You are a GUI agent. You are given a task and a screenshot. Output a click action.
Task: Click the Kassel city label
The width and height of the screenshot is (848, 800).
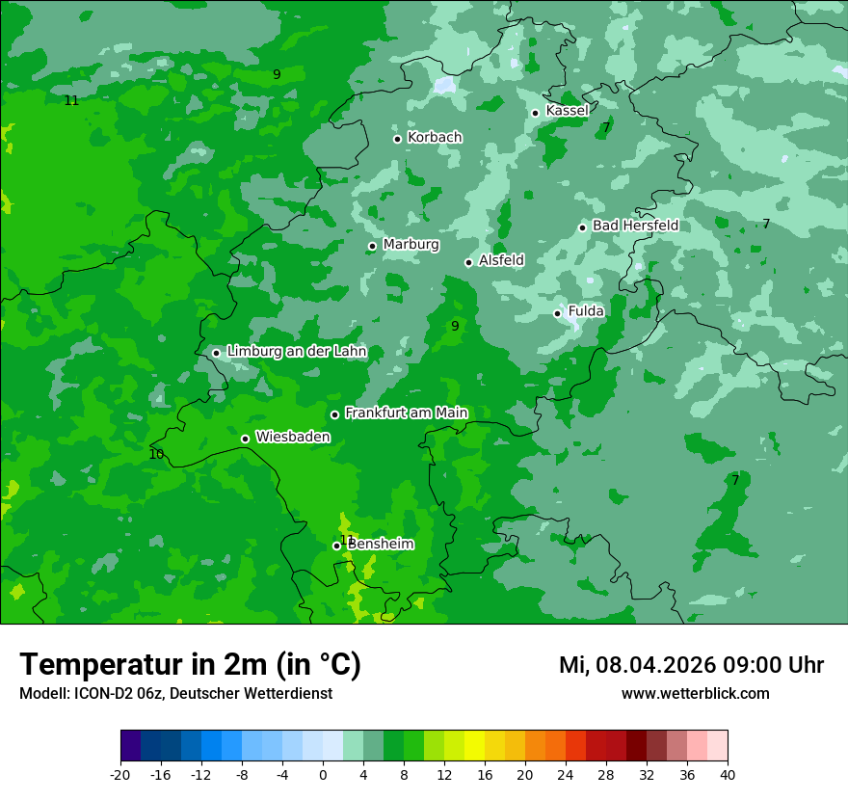(x=567, y=111)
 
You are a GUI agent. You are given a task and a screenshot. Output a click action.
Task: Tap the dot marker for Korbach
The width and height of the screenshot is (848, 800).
(x=397, y=139)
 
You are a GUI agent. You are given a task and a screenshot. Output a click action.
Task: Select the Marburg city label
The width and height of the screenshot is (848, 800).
(x=411, y=245)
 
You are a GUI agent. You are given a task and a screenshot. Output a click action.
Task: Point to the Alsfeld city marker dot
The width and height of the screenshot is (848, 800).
(x=469, y=262)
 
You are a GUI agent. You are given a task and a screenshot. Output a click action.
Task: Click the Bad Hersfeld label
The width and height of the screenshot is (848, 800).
(x=635, y=226)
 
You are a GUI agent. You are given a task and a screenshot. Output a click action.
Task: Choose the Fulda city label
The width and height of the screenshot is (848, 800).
(x=586, y=311)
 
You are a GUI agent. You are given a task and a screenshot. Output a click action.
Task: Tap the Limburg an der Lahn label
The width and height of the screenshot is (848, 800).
(x=296, y=352)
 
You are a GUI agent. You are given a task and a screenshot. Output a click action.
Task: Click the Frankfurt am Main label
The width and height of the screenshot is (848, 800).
(x=406, y=413)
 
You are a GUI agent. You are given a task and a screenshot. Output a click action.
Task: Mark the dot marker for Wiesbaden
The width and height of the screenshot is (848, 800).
(x=246, y=439)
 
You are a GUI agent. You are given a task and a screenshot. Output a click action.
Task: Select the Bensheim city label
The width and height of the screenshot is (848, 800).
(x=381, y=544)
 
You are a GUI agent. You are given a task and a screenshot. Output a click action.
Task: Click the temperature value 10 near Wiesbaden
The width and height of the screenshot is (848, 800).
(x=156, y=454)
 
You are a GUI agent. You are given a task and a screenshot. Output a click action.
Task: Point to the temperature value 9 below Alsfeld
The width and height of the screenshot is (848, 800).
(x=455, y=326)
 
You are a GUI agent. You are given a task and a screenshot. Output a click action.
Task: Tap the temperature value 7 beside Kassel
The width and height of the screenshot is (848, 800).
(x=606, y=127)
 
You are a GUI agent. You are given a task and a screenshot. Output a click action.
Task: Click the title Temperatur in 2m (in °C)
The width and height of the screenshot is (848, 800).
(x=190, y=665)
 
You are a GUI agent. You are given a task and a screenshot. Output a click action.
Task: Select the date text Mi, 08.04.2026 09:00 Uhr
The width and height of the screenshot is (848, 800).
(x=691, y=665)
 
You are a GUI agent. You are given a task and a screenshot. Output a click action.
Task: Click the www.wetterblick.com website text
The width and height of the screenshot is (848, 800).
(x=695, y=693)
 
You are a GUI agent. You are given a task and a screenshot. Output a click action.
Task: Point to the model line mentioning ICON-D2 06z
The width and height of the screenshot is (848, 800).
(x=175, y=693)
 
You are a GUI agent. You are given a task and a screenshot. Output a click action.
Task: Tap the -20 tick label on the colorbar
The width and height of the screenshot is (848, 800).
(x=120, y=774)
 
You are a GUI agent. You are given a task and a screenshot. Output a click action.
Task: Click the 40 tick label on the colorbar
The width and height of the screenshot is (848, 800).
(x=727, y=774)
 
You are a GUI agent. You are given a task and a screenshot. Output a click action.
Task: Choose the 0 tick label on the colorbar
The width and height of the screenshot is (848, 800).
(x=323, y=774)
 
